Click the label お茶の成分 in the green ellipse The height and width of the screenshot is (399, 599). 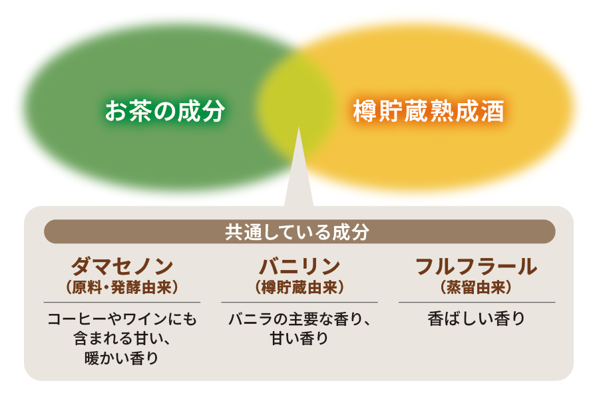[165, 111]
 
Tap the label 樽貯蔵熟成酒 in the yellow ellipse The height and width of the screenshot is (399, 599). [429, 111]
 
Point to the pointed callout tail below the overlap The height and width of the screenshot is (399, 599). [298, 168]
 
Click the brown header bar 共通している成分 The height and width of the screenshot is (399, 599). [299, 231]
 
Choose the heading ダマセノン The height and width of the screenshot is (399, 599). [122, 266]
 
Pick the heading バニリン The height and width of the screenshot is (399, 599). [299, 266]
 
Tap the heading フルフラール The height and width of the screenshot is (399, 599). [477, 266]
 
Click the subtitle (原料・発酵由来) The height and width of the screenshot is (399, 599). [122, 287]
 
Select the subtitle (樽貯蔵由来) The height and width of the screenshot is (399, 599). [299, 287]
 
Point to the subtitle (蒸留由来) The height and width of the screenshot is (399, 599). [477, 287]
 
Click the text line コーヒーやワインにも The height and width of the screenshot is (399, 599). [122, 319]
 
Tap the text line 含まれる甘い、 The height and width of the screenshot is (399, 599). [122, 338]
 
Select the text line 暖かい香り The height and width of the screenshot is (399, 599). [122, 358]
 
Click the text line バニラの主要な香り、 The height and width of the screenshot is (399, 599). [299, 319]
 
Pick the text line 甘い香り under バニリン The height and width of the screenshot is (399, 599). [299, 338]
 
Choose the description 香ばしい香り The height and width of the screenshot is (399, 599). [477, 319]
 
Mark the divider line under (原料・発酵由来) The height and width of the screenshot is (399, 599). [122, 303]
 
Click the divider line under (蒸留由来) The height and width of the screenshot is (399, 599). [477, 303]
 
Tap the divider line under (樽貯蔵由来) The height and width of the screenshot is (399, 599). [299, 303]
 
